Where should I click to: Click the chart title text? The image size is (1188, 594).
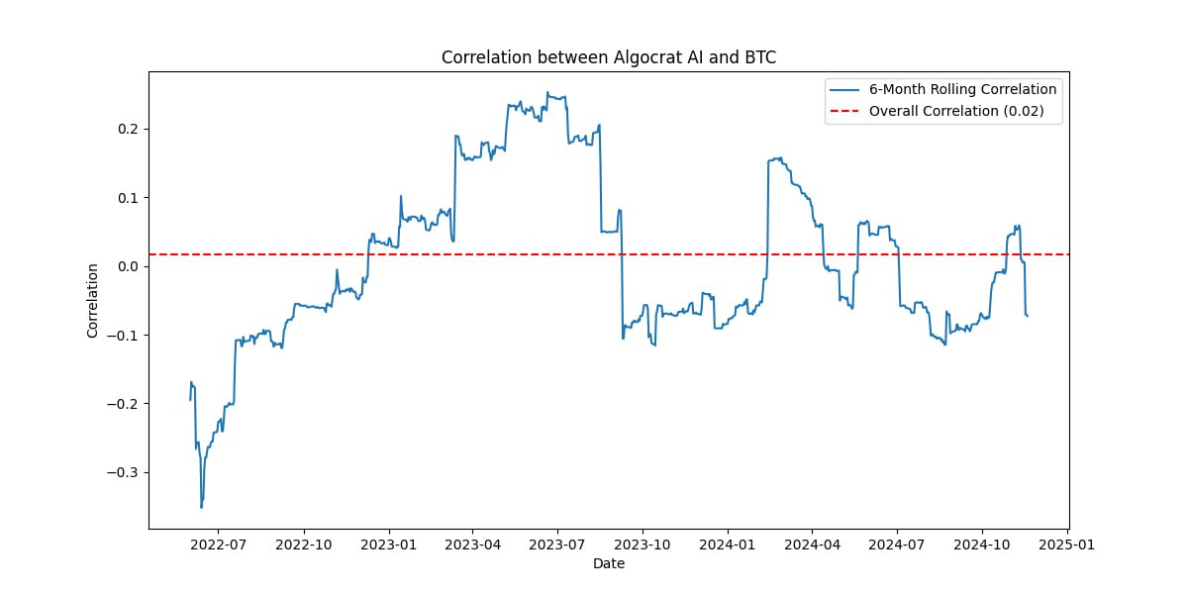pyautogui.click(x=608, y=57)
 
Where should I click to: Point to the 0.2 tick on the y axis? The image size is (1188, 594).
pyautogui.click(x=129, y=129)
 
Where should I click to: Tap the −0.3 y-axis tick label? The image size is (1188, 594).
pyautogui.click(x=124, y=472)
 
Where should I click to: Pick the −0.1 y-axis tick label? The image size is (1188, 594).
pyautogui.click(x=124, y=335)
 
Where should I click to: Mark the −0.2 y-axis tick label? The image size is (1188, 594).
pyautogui.click(x=124, y=404)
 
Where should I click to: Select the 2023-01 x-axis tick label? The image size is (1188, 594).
pyautogui.click(x=389, y=544)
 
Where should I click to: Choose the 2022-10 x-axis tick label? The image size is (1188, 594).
pyautogui.click(x=303, y=544)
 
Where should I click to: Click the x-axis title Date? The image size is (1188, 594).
pyautogui.click(x=608, y=564)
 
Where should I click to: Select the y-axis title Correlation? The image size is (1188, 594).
pyautogui.click(x=93, y=300)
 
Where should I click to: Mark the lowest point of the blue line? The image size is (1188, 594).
pyautogui.click(x=202, y=508)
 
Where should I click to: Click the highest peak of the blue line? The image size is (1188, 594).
pyautogui.click(x=547, y=92)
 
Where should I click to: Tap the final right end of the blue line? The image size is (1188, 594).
pyautogui.click(x=1028, y=316)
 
